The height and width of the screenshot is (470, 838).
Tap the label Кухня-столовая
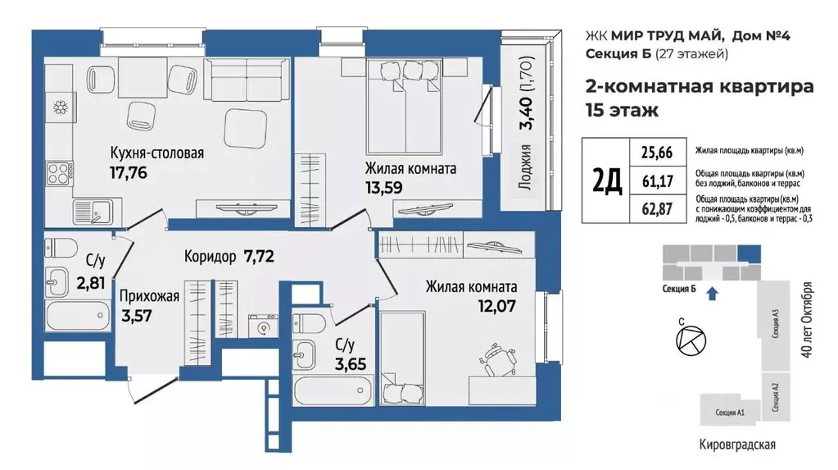coord(156,153)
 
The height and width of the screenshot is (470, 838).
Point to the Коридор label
coord(210,255)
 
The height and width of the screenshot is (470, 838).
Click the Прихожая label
coord(149,297)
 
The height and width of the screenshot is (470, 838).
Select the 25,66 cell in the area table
coord(645,152)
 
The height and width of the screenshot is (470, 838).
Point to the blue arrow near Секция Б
coord(711,290)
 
